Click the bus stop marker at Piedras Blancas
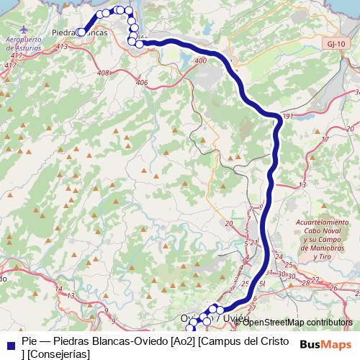tap(81, 32)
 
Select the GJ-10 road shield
tap(333, 43)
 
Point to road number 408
tap(103, 73)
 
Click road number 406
tap(141, 83)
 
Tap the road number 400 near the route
tap(200, 60)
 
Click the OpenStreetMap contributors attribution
tap(297, 322)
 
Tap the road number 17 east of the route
tap(325, 139)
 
